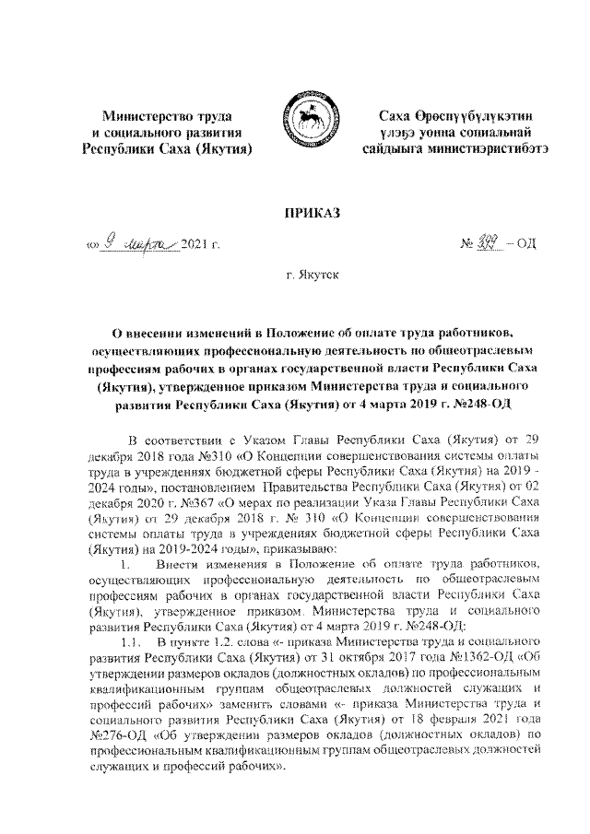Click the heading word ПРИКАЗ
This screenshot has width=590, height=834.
295,214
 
